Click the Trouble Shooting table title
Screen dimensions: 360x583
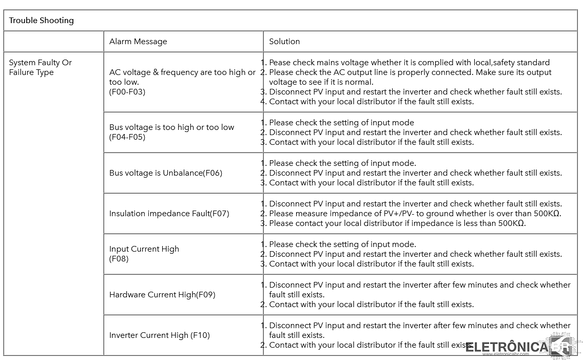pos(42,21)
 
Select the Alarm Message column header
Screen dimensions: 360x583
pos(138,42)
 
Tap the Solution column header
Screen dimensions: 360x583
pos(284,42)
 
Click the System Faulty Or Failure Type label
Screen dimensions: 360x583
pos(40,67)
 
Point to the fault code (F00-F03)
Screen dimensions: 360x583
pos(127,92)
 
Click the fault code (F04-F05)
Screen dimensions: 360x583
pos(127,137)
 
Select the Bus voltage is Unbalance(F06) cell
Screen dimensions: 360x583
pos(166,173)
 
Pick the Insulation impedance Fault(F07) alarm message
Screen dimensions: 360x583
pos(169,214)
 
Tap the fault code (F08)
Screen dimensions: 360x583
pos(119,259)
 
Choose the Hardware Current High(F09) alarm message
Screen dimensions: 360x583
pos(162,295)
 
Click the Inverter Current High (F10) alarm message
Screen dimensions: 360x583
pos(160,335)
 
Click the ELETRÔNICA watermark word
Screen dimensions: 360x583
pos(507,347)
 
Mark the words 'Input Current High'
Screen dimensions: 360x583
pos(144,249)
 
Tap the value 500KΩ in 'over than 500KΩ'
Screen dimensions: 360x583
pos(541,214)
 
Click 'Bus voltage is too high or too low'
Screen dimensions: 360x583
pos(171,127)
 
